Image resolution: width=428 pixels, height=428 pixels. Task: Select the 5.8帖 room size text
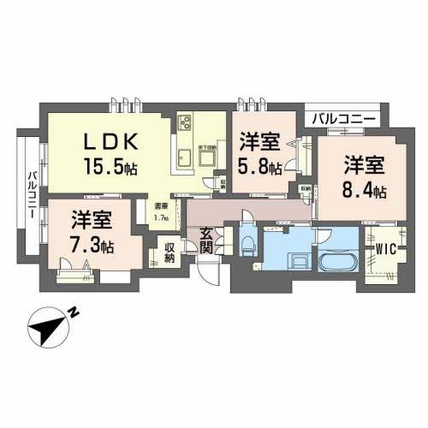pos(260,167)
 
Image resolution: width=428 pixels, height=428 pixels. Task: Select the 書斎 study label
pos(160,206)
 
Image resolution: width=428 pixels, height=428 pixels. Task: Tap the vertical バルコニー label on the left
pos(30,193)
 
